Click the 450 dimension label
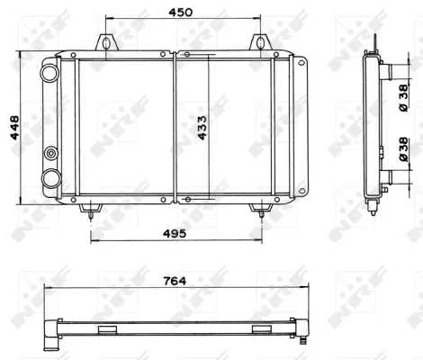tap(180, 13)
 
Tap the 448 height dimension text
tap(14, 128)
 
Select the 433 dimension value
tap(202, 128)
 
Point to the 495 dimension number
tap(175, 233)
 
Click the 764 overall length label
tap(175, 281)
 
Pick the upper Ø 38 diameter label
tap(404, 98)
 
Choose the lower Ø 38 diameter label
tap(404, 149)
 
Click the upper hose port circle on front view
tap(49, 73)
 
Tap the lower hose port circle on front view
tap(51, 179)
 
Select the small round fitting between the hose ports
tap(51, 153)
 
